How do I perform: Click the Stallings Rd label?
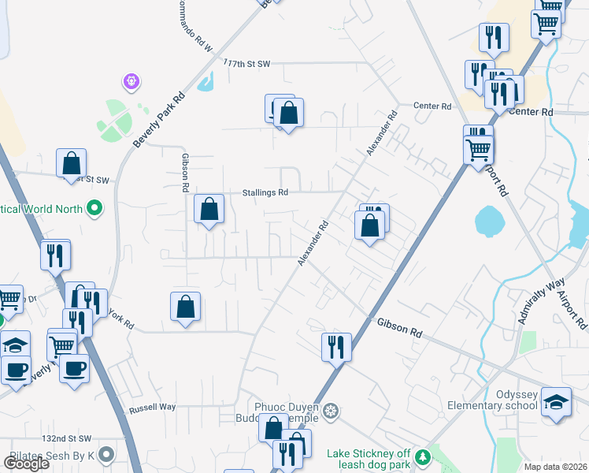pos(265,192)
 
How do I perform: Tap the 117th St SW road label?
pos(247,62)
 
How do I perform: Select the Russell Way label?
pos(152,408)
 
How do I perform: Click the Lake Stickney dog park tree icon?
pos(423,456)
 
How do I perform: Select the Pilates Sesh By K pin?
pos(106,455)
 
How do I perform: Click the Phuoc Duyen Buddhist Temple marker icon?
pos(332,411)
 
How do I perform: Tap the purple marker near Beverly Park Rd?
pos(131,80)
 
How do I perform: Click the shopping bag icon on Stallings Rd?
pos(209,210)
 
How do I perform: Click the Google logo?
pos(26,464)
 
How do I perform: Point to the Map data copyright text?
pos(556,467)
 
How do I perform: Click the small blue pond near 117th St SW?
pos(206,82)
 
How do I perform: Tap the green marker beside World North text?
pos(95,209)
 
